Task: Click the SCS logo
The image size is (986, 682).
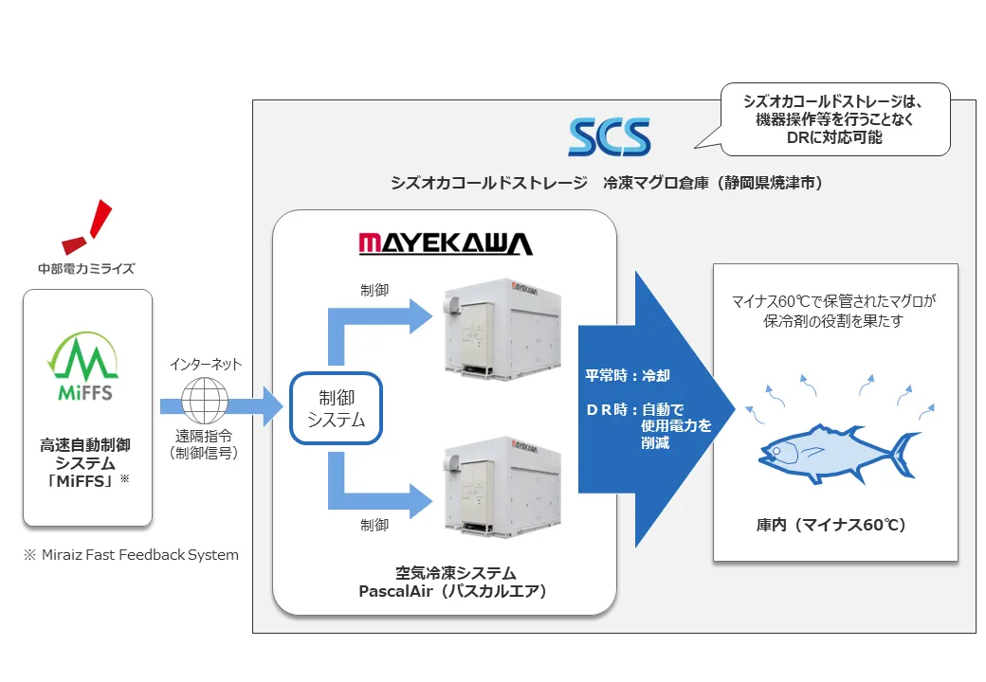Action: [610, 136]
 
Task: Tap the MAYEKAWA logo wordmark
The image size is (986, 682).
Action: [446, 244]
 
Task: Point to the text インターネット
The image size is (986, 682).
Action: [206, 364]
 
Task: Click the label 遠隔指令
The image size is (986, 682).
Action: [205, 437]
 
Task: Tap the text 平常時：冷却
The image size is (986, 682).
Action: [628, 376]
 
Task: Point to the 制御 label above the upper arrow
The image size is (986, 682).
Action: [374, 290]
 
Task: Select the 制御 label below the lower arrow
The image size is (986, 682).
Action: [374, 524]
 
